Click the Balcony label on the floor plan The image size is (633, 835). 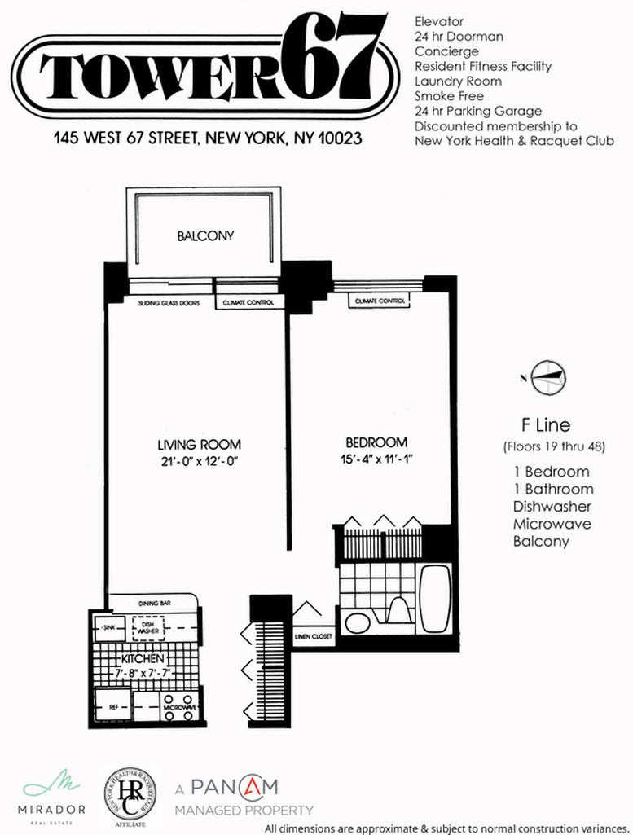pyautogui.click(x=205, y=236)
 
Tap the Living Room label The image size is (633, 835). pyautogui.click(x=199, y=445)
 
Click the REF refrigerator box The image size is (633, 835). pyautogui.click(x=113, y=707)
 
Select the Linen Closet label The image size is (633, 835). pyautogui.click(x=313, y=636)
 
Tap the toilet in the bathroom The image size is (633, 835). pyautogui.click(x=399, y=609)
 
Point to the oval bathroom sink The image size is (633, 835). pyautogui.click(x=358, y=624)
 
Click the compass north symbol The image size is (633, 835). pyautogui.click(x=548, y=376)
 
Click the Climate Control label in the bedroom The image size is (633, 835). pyautogui.click(x=380, y=302)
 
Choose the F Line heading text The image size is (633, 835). pyautogui.click(x=546, y=424)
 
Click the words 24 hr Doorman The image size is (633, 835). pyautogui.click(x=459, y=37)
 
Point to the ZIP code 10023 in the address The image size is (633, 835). pyautogui.click(x=339, y=138)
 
